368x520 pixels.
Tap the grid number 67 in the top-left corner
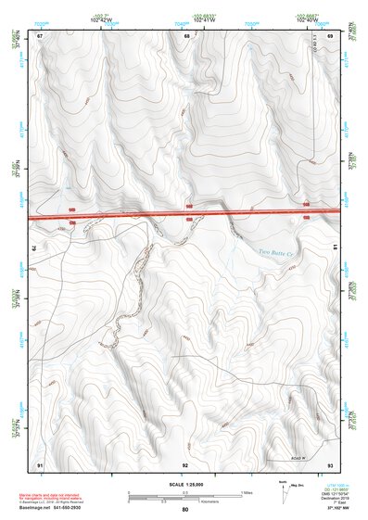(x=40, y=36)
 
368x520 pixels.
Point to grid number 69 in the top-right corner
(x=331, y=36)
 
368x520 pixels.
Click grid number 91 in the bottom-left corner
(x=40, y=463)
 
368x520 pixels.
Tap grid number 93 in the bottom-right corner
(x=331, y=463)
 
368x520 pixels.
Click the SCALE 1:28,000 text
(x=184, y=484)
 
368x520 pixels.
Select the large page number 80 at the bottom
(x=185, y=510)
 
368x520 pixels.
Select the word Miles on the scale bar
(x=247, y=491)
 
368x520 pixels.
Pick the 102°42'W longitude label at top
(x=99, y=19)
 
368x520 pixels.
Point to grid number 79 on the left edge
(x=38, y=248)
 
